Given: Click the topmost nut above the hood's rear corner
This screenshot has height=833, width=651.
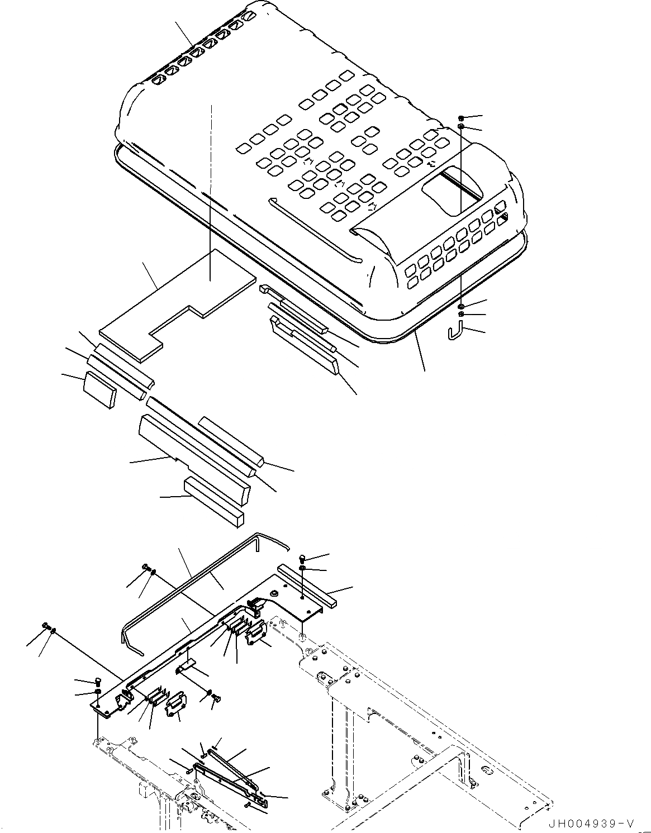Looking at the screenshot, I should click(460, 118).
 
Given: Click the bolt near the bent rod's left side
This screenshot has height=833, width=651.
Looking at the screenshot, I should click(147, 568).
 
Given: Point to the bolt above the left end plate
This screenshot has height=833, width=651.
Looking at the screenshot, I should click(98, 681).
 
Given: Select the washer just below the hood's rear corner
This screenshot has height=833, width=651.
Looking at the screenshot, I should click(460, 307).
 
